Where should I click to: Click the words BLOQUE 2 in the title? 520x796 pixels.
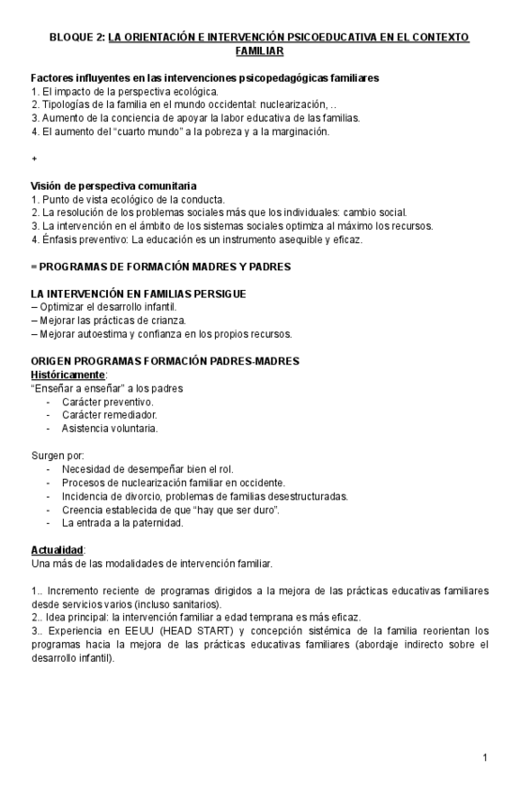(78, 38)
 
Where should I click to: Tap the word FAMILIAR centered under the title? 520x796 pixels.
(259, 51)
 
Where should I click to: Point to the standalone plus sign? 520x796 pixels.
(34, 160)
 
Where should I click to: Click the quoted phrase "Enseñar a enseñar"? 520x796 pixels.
(76, 389)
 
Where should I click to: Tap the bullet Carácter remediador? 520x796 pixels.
(109, 415)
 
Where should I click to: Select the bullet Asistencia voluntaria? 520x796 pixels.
(110, 428)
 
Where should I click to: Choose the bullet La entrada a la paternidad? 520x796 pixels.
(122, 523)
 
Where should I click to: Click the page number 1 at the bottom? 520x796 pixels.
(485, 758)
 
